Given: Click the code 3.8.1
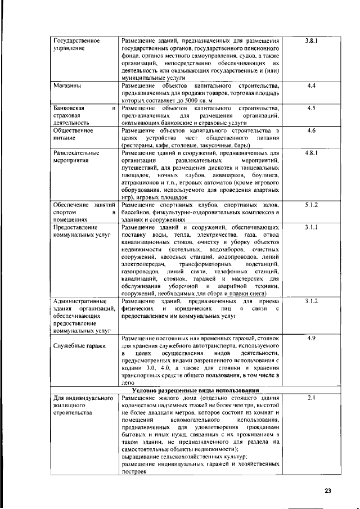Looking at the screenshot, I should point(312,41).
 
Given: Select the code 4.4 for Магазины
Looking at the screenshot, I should point(312,85).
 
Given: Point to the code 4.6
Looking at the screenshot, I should point(312,130).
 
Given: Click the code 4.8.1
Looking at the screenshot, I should point(312,152).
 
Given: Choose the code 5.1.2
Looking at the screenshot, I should point(312,205).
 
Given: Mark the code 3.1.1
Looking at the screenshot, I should point(312,227).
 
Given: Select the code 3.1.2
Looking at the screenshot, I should point(312,302).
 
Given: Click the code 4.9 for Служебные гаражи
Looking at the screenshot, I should point(312,339).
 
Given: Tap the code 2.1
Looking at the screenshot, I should point(312,398).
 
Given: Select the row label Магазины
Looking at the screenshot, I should point(66,86).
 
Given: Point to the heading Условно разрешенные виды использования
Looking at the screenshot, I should point(199,390).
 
